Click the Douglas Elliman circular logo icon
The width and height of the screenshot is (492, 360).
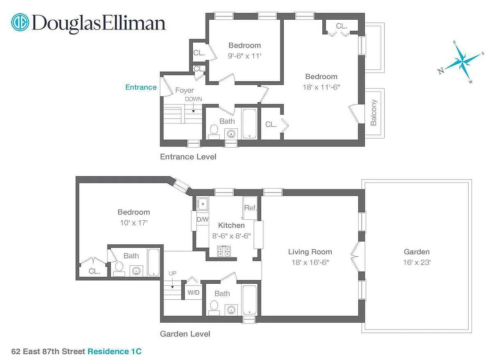pyautogui.click(x=20, y=23)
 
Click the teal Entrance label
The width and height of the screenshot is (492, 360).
pyautogui.click(x=141, y=87)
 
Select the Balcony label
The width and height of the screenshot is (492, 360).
pyautogui.click(x=374, y=112)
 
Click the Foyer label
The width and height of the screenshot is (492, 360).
pyautogui.click(x=184, y=90)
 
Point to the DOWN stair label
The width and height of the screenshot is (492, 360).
pyautogui.click(x=193, y=99)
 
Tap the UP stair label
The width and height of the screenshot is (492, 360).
pyautogui.click(x=173, y=273)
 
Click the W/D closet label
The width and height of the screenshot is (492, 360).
pyautogui.click(x=194, y=293)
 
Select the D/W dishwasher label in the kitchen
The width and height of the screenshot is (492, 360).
pyautogui.click(x=203, y=219)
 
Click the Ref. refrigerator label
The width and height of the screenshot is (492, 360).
pyautogui.click(x=250, y=208)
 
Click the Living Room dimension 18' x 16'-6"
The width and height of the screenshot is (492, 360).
pyautogui.click(x=310, y=262)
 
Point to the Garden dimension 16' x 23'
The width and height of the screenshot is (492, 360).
pyautogui.click(x=417, y=262)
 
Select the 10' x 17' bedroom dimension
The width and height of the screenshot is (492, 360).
pyautogui.click(x=134, y=223)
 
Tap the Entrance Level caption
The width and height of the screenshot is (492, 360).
pyautogui.click(x=188, y=157)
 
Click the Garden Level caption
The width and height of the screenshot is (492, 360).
pyautogui.click(x=185, y=334)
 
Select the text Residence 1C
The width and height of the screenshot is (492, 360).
pyautogui.click(x=115, y=351)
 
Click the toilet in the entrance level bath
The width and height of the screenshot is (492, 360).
pyautogui.click(x=214, y=130)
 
